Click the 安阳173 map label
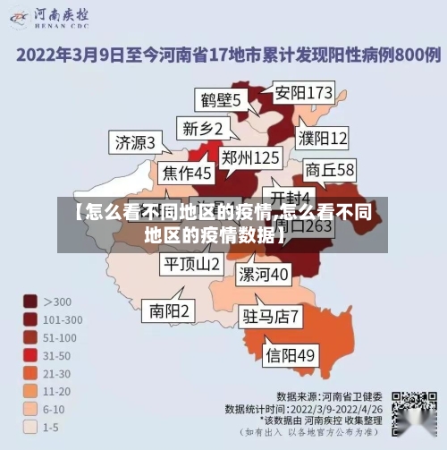[x=303, y=92]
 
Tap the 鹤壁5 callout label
[x=218, y=99]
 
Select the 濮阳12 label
[x=323, y=138]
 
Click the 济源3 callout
[x=135, y=141]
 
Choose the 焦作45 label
[x=187, y=172]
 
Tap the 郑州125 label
[x=250, y=158]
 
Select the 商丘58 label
[x=330, y=169]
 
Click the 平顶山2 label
[x=190, y=264]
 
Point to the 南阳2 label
[x=169, y=310]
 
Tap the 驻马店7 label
[x=271, y=316]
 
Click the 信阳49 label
[x=291, y=355]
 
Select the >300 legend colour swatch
[x=30, y=301]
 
